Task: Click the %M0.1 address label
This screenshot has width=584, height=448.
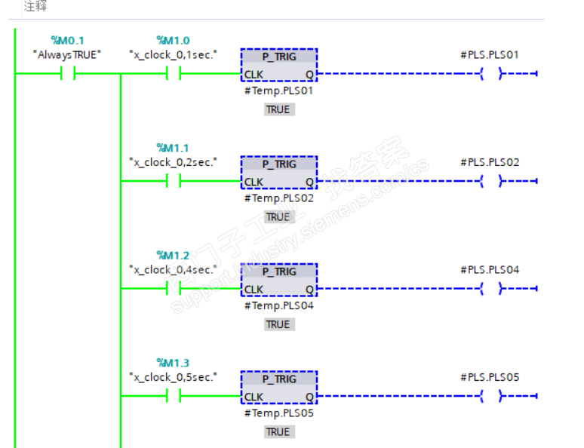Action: pyautogui.click(x=67, y=40)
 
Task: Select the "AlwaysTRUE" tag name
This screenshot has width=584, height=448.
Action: pyautogui.click(x=67, y=54)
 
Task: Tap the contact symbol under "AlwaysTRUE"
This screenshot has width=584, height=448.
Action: pyautogui.click(x=67, y=74)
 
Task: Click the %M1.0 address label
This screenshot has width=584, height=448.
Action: pyautogui.click(x=173, y=40)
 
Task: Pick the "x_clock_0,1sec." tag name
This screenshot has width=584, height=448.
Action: pyautogui.click(x=173, y=54)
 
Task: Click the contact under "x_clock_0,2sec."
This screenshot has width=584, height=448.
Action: pyautogui.click(x=173, y=181)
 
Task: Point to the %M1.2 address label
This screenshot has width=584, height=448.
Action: pyautogui.click(x=173, y=255)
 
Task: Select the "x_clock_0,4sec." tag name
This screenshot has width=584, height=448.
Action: pyautogui.click(x=173, y=269)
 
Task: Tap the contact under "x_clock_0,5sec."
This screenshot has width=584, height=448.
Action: pyautogui.click(x=173, y=396)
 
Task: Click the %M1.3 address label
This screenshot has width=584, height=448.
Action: pyautogui.click(x=173, y=363)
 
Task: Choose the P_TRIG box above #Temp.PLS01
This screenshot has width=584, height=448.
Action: pyautogui.click(x=279, y=66)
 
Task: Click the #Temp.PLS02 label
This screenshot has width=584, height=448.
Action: pyautogui.click(x=278, y=198)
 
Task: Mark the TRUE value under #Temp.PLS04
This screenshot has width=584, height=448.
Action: pyautogui.click(x=278, y=324)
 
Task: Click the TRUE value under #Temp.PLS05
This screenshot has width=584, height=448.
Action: pyautogui.click(x=278, y=431)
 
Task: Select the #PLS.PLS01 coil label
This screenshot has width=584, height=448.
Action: pyautogui.click(x=490, y=54)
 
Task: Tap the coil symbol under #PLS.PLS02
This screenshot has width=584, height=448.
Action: pyautogui.click(x=490, y=181)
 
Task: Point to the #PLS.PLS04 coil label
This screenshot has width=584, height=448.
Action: pyautogui.click(x=490, y=269)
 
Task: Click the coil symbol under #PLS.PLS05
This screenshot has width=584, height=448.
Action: pyautogui.click(x=490, y=396)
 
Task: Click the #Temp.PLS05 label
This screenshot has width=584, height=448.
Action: pyautogui.click(x=278, y=413)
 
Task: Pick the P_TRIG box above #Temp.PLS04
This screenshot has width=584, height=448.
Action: pyautogui.click(x=279, y=281)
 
